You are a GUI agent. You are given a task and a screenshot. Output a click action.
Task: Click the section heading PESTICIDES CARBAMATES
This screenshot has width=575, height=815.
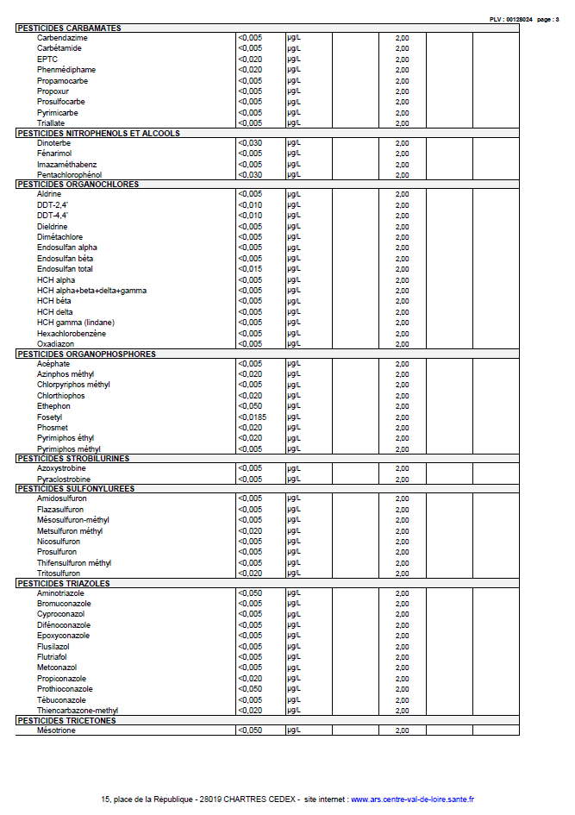(x=68, y=28)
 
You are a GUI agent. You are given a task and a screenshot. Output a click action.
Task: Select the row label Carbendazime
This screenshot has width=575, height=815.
(x=63, y=38)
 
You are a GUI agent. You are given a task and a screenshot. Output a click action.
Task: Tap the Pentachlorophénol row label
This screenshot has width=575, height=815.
(x=69, y=175)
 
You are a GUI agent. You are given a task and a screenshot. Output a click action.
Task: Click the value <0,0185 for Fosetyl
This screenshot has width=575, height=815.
(x=252, y=417)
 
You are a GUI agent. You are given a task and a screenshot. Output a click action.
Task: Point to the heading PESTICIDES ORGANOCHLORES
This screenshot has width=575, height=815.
(x=78, y=185)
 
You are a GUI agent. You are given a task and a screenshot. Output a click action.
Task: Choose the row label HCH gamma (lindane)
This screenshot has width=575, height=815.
(x=76, y=323)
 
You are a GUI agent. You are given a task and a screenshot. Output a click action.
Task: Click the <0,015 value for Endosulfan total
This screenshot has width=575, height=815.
(x=249, y=269)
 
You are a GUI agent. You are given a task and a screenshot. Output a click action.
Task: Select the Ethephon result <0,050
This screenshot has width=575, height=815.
(x=249, y=406)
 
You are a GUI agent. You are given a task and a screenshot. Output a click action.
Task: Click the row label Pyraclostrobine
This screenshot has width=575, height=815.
(x=64, y=480)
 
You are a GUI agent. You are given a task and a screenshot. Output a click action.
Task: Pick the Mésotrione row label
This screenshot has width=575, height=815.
(x=56, y=730)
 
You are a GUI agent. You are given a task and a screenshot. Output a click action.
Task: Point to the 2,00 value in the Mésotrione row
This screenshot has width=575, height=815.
(x=402, y=730)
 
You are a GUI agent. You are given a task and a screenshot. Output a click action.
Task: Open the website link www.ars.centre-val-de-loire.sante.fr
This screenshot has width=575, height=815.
(x=412, y=799)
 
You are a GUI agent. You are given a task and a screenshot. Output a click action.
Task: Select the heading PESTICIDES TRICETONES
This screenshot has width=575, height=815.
(x=66, y=720)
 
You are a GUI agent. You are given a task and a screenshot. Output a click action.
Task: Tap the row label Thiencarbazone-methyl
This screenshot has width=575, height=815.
(x=78, y=711)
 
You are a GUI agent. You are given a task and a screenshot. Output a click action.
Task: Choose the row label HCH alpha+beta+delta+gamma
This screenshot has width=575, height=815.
(x=91, y=291)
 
